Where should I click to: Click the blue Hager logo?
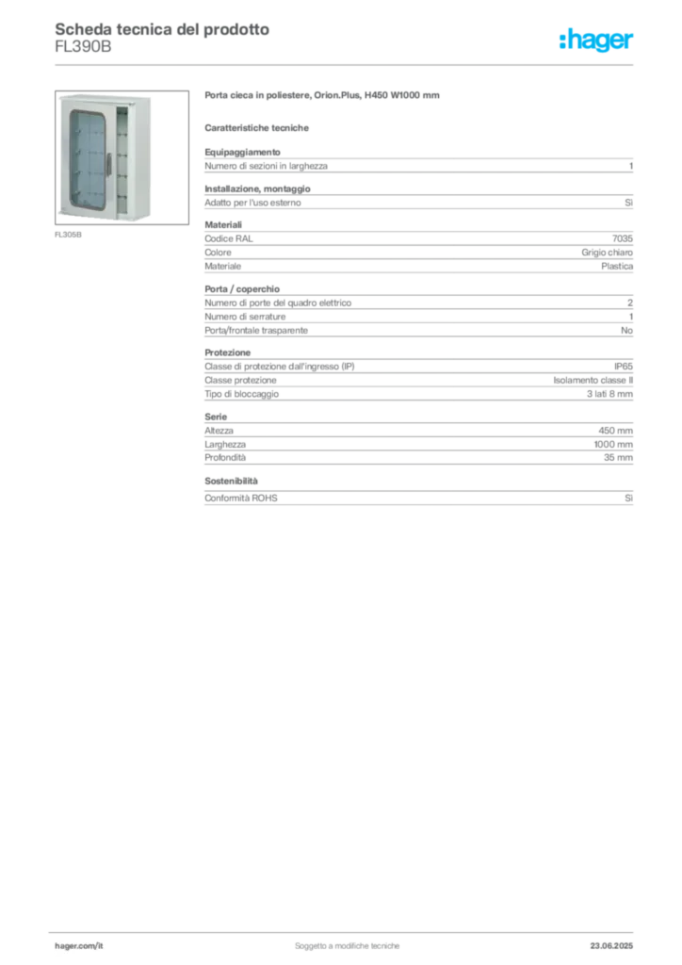click(x=597, y=41)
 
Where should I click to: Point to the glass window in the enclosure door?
click(x=88, y=155)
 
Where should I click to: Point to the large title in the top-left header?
click(x=160, y=28)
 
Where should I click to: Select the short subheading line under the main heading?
click(x=259, y=126)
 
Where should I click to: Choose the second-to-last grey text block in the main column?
click(x=417, y=438)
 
